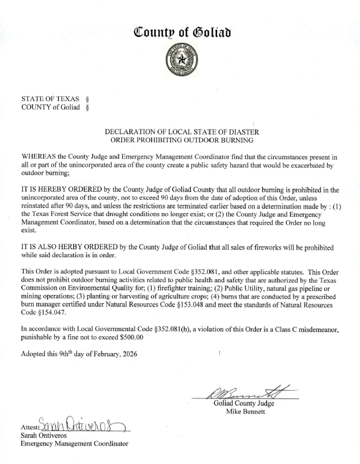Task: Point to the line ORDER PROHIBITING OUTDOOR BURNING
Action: point(180,141)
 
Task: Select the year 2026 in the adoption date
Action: point(129,354)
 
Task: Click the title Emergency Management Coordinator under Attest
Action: point(74,444)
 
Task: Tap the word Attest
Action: point(29,429)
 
